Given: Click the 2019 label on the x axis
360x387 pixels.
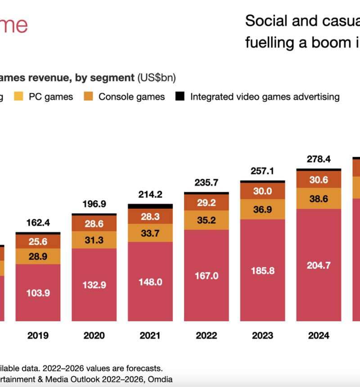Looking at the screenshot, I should (38, 335).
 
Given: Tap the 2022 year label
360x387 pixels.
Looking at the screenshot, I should (207, 335).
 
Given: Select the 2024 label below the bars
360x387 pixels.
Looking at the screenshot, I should (319, 335).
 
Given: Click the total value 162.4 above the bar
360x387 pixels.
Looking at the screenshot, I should (38, 222).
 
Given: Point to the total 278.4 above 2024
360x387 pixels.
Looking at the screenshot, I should (319, 159).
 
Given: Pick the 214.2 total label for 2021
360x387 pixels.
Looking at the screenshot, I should (150, 194).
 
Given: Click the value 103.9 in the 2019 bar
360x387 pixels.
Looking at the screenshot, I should (38, 292).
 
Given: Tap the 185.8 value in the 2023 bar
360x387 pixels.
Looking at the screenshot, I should (262, 271).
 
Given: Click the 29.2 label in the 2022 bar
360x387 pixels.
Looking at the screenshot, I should (207, 203).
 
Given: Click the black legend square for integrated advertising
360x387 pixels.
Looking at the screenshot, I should (180, 96).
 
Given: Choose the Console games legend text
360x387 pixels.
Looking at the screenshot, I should (131, 96).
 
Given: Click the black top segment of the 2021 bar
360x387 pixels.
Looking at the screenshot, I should (150, 206).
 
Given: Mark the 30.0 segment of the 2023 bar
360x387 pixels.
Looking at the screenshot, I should (262, 191).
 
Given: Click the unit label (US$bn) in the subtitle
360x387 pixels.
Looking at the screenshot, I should (157, 78).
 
